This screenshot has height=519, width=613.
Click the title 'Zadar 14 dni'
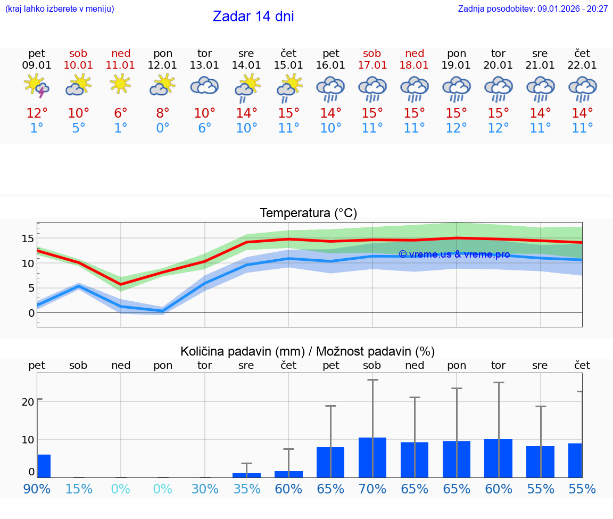click(253, 17)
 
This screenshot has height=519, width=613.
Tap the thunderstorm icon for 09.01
click(37, 86)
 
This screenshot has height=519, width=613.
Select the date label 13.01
click(204, 65)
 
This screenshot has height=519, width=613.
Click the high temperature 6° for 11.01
click(121, 113)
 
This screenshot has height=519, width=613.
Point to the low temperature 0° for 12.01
click(163, 128)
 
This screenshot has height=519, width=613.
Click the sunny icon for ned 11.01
click(121, 84)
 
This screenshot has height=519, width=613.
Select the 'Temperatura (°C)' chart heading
click(308, 213)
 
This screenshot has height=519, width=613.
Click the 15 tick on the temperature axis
click(28, 238)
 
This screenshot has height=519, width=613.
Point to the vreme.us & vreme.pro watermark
click(454, 254)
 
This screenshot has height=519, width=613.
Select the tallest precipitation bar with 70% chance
click(372, 457)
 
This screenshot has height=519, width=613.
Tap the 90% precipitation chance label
click(37, 489)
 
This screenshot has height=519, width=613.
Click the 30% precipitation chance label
click(205, 489)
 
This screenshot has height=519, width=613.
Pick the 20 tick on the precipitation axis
click(28, 401)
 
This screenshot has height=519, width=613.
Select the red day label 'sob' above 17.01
click(372, 53)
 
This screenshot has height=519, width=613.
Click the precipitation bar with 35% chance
click(246, 475)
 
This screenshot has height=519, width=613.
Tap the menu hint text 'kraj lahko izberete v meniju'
click(60, 9)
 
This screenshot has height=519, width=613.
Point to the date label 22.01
click(582, 65)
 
